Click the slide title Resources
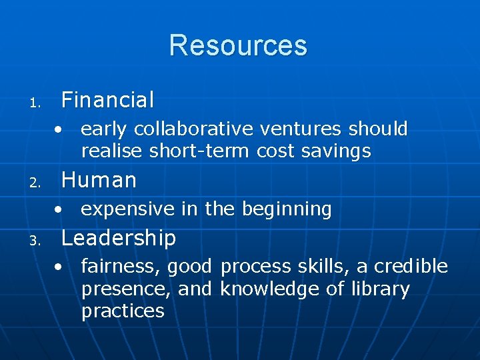[x=238, y=45]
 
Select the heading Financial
[x=107, y=100]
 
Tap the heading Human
[x=99, y=180]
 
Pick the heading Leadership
[x=118, y=238]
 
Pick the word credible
[x=411, y=267]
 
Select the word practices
[x=123, y=311]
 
